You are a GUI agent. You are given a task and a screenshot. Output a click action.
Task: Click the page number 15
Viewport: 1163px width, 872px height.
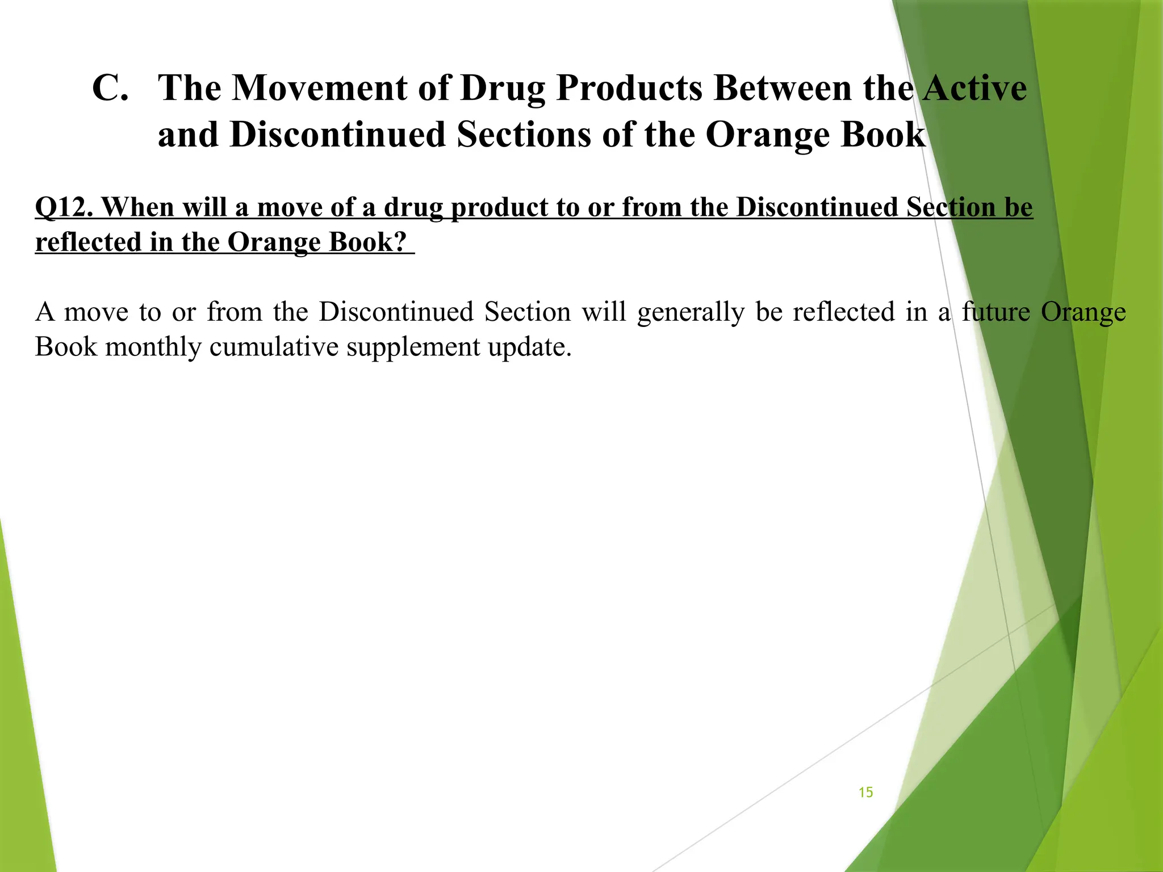tap(865, 793)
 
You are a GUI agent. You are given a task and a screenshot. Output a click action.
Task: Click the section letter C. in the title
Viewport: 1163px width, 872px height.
tap(111, 89)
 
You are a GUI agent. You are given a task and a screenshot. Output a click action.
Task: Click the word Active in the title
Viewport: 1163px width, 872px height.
tap(974, 89)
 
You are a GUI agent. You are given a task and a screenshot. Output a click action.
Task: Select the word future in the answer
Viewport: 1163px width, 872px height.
tap(995, 312)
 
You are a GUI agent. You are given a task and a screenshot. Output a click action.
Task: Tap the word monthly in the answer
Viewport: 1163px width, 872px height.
tap(153, 347)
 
